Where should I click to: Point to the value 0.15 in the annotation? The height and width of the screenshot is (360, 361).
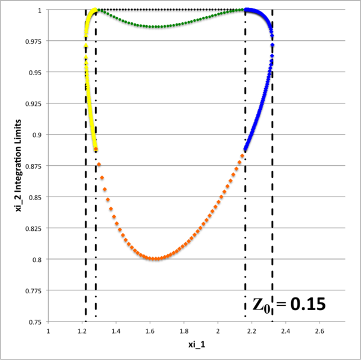pyautogui.click(x=308, y=304)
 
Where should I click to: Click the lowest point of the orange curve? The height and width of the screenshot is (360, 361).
pyautogui.click(x=156, y=259)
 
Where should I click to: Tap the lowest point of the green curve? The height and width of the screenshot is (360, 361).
pyautogui.click(x=156, y=27)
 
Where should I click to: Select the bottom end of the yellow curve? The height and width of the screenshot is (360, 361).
pyautogui.click(x=96, y=149)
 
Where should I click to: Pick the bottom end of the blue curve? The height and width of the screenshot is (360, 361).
pyautogui.click(x=245, y=149)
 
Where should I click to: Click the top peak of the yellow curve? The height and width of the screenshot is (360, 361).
pyautogui.click(x=94, y=10)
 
